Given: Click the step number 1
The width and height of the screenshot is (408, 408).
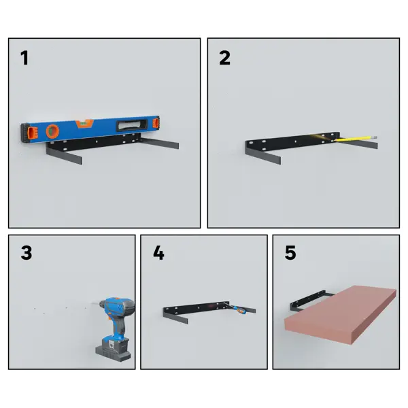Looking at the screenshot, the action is [24, 58].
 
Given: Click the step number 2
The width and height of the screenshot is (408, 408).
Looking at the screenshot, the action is [225, 58].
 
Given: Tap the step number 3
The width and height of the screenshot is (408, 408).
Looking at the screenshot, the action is [27, 252].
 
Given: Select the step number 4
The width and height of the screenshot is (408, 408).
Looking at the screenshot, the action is [158, 252].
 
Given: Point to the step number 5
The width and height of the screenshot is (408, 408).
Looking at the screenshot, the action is [290, 252].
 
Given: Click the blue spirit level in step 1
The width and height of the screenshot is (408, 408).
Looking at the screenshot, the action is [90, 129].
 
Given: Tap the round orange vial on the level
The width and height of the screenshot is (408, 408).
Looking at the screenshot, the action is [52, 131].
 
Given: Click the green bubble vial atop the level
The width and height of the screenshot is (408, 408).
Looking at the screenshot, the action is [84, 124].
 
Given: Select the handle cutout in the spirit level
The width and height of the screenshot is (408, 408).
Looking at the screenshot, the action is [132, 125].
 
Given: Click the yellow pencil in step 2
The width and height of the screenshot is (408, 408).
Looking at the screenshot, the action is [355, 139].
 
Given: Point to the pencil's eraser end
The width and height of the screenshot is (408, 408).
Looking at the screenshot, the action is [375, 137].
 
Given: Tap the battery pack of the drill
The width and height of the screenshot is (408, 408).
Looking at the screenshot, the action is [113, 350].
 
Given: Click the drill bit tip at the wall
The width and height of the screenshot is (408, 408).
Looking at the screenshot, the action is [92, 303].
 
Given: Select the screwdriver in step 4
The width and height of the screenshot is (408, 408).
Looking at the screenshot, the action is [236, 308].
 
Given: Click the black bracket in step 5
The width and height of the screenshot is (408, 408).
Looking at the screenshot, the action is [308, 302].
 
